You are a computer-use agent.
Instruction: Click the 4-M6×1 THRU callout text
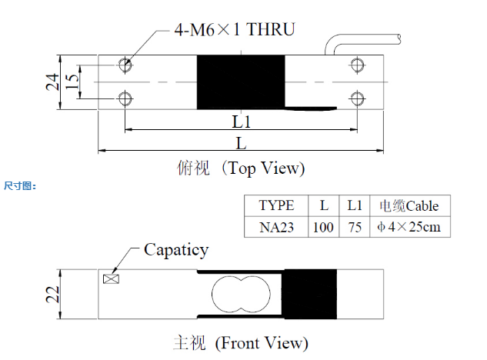coord(235,30)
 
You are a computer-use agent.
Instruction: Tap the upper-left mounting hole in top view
coord(125,65)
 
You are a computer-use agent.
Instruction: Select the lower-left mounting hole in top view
coord(125,98)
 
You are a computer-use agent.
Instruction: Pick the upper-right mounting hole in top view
coord(357,65)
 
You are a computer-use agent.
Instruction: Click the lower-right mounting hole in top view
coord(357,98)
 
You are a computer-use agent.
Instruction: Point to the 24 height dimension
coord(52,82)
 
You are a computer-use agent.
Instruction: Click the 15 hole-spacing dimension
coord(72,82)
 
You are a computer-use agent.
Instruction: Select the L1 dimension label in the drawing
coord(242,122)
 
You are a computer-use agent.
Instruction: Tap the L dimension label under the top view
coord(242,144)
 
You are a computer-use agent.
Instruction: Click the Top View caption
coord(241,168)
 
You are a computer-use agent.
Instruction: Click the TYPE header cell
coord(276,205)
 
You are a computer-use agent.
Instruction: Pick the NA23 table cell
coord(276,228)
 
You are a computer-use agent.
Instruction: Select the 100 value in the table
coord(323,228)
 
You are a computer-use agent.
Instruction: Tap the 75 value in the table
coord(355,228)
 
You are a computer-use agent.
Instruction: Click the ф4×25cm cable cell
coord(409,227)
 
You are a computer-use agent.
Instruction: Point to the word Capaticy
coord(176,250)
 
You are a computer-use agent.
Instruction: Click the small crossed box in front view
coord(111,279)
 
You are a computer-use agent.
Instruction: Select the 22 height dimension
coord(52,295)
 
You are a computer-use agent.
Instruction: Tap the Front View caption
coord(241,343)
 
